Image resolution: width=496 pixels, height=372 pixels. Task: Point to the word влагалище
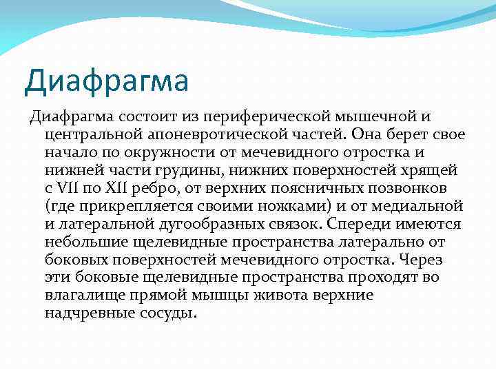click(85, 295)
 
